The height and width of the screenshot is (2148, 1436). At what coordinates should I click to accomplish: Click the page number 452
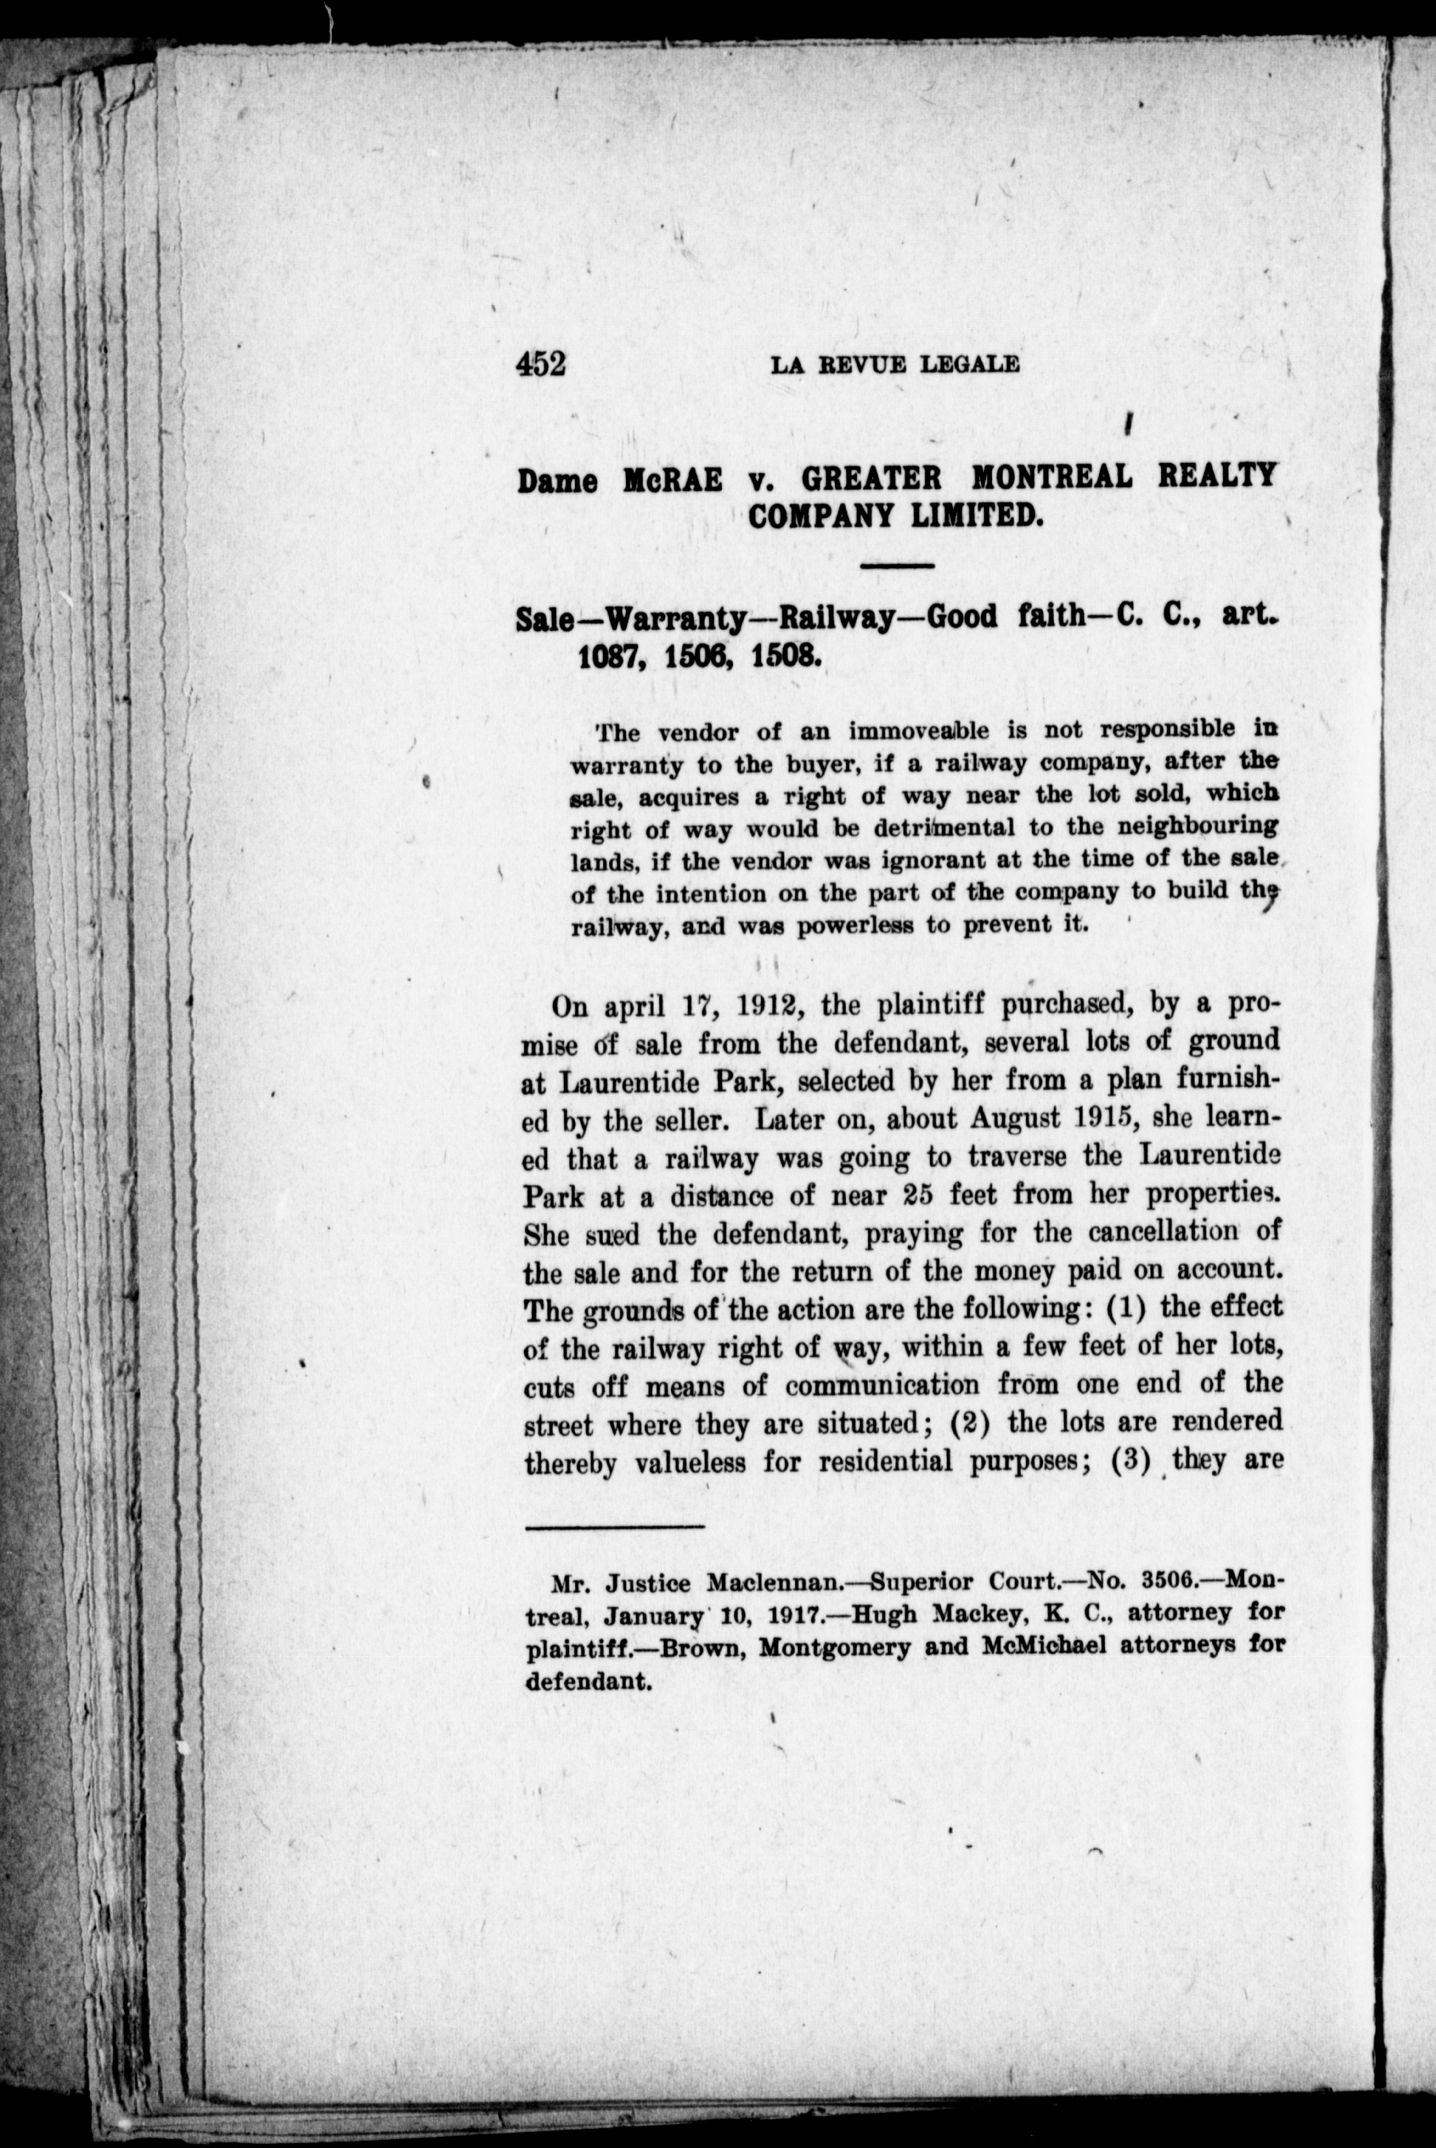pyautogui.click(x=541, y=365)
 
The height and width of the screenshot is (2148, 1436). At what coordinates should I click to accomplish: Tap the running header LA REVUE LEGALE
pyautogui.click(x=895, y=365)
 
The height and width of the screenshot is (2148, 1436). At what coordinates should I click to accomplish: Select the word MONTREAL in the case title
pyautogui.click(x=1051, y=477)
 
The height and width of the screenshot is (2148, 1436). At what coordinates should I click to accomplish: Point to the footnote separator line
pyautogui.click(x=614, y=1526)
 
